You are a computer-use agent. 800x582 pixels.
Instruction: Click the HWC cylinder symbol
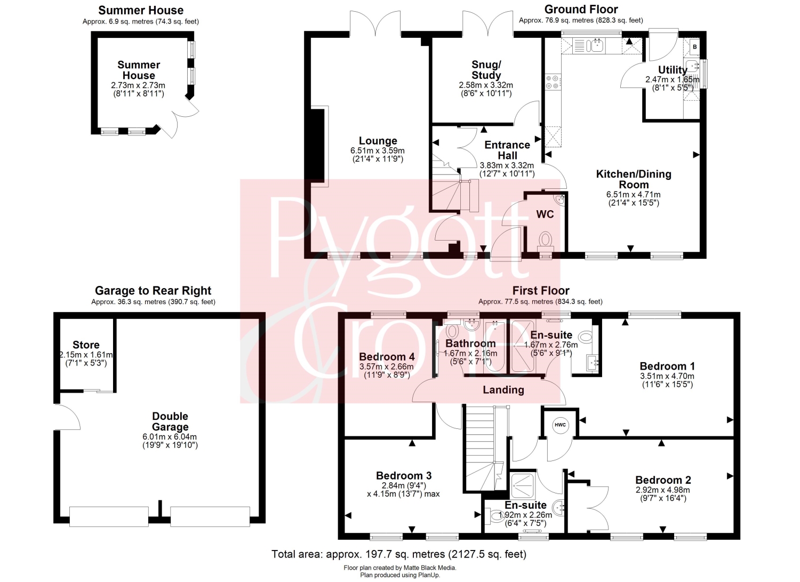tap(560, 425)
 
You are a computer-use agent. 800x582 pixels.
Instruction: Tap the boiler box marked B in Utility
tap(695, 47)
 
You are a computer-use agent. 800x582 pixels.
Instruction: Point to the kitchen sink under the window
tap(597, 46)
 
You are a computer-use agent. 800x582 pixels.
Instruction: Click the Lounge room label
tap(378, 141)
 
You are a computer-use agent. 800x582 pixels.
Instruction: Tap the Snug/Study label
tap(486, 70)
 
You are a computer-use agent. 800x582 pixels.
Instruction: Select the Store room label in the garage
tap(86, 345)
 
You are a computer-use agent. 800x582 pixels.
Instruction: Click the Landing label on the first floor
tap(503, 390)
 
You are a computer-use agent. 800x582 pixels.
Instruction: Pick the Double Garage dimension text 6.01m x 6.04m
tap(170, 437)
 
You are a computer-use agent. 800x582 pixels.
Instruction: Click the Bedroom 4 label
tap(387, 356)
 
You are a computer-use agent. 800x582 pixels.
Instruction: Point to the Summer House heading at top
tap(141, 10)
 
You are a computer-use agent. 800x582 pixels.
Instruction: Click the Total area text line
tap(399, 554)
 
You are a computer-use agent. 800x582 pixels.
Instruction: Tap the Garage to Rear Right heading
tap(153, 290)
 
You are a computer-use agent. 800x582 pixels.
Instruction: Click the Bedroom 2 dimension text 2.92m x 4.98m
tap(663, 490)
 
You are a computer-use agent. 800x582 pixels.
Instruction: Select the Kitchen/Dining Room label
tap(634, 179)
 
